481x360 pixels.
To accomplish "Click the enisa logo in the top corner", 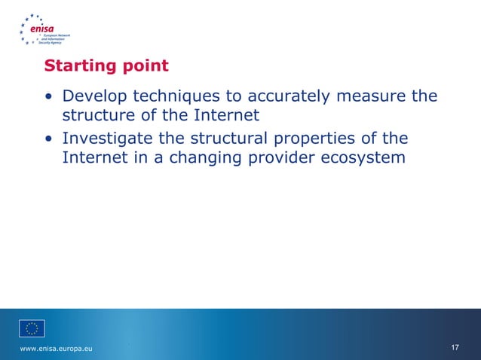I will (x=45, y=29).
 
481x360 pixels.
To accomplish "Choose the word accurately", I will (x=283, y=97).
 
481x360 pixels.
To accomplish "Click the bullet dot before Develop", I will (x=49, y=98).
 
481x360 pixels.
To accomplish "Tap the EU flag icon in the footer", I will (x=32, y=328).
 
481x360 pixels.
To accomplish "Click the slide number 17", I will (x=455, y=347).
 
